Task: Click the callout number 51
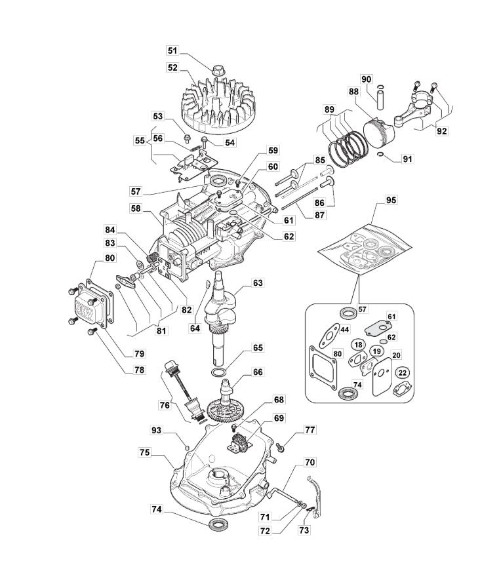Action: click(172, 50)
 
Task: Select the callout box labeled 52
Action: click(172, 68)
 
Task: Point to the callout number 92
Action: click(441, 130)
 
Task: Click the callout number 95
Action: click(391, 199)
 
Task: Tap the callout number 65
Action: click(258, 347)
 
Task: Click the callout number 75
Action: click(146, 452)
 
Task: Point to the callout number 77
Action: click(310, 430)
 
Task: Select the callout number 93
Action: click(156, 431)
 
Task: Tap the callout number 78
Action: click(140, 370)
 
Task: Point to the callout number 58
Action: click(135, 208)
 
